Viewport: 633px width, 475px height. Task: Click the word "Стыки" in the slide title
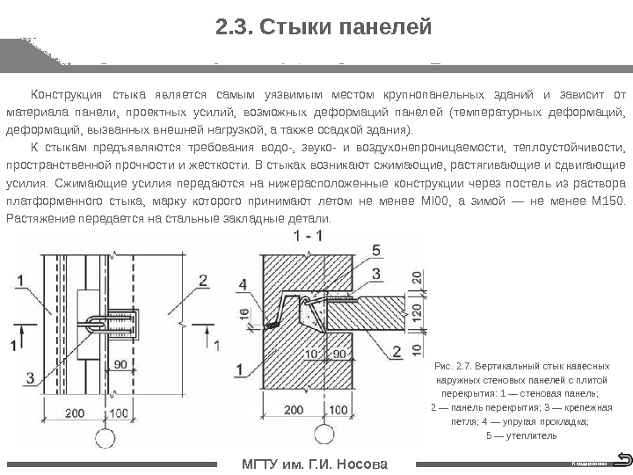pos(288,28)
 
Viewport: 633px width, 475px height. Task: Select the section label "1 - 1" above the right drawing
pos(309,237)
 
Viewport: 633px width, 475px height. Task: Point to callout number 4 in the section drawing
pos(244,284)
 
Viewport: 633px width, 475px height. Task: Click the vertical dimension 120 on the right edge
pos(416,314)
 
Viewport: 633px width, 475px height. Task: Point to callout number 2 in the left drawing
pos(203,281)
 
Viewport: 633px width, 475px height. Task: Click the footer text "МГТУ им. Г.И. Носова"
pos(314,464)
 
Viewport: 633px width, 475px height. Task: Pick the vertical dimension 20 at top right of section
pos(416,277)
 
